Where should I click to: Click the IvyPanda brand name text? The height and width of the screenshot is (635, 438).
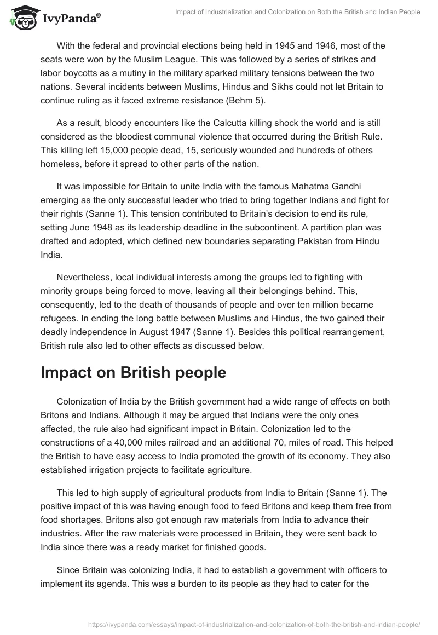(x=71, y=18)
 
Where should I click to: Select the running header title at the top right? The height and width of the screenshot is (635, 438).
(x=297, y=12)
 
